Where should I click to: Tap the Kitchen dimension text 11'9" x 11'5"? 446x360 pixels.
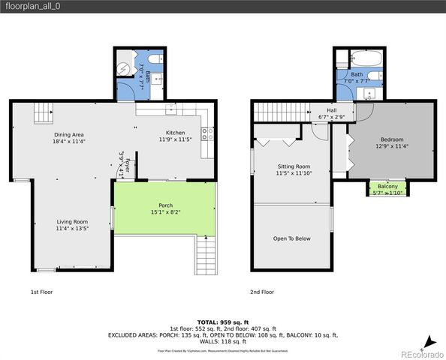176,139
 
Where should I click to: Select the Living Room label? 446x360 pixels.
73,221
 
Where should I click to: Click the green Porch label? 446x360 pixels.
165,205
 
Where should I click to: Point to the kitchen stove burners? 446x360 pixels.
208,135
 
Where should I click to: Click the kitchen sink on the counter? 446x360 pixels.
172,109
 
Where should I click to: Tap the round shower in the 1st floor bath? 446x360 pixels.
125,67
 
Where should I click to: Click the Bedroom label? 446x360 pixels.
391,139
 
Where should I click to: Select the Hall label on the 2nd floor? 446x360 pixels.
331,110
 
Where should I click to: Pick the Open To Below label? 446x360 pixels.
292,238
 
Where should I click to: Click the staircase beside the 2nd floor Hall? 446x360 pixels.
280,112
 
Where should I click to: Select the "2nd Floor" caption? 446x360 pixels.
262,292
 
